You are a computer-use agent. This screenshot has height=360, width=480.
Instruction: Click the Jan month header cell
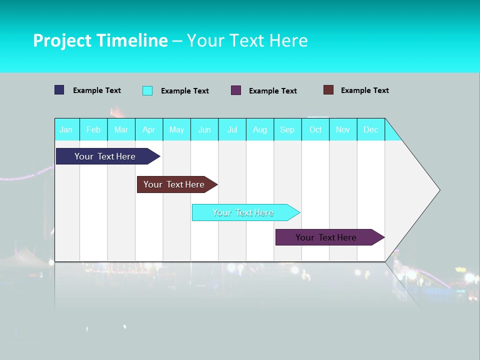click(x=66, y=129)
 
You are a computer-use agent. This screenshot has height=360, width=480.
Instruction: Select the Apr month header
click(x=149, y=129)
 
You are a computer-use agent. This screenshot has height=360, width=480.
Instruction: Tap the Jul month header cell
click(x=232, y=129)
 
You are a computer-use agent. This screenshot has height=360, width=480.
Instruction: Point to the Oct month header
click(x=315, y=129)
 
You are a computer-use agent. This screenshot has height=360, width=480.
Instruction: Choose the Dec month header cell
click(x=370, y=129)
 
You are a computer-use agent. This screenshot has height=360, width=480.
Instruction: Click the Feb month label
click(x=93, y=129)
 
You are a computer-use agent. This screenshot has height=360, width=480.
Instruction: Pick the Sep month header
click(x=287, y=129)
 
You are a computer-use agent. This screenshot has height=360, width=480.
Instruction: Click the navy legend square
click(x=59, y=90)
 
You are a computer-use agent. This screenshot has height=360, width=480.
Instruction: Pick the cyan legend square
click(x=147, y=90)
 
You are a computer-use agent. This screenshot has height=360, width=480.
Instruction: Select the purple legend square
click(x=236, y=90)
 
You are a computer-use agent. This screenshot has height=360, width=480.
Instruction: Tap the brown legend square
click(x=328, y=90)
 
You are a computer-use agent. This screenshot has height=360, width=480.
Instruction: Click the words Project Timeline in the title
click(x=100, y=40)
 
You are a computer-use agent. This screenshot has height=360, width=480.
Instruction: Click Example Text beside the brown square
click(x=364, y=90)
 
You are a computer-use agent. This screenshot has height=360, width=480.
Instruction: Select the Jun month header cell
click(x=204, y=129)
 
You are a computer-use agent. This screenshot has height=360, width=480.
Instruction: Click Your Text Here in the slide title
click(x=247, y=40)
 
